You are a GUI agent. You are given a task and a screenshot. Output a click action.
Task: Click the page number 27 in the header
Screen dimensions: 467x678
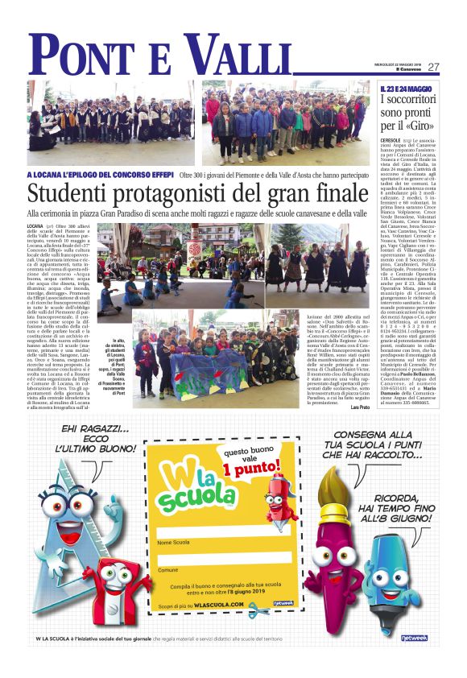(433, 67)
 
